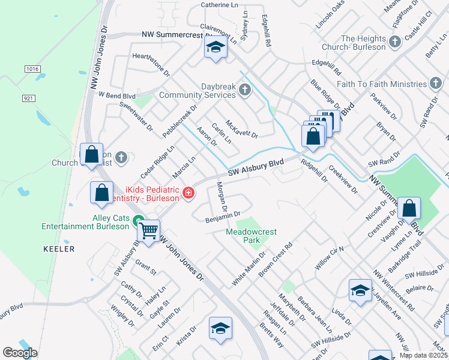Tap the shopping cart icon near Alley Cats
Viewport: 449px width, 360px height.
coord(148,229)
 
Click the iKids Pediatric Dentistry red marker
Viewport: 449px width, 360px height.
coord(189,192)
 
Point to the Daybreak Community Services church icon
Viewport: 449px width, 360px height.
coord(244,91)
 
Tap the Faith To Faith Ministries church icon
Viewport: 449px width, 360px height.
coord(436,84)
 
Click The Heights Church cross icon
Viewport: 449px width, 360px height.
coord(394,42)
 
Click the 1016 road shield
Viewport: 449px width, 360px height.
coord(32,69)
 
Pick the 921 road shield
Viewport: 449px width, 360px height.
coord(29,97)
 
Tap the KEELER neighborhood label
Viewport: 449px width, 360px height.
coord(59,248)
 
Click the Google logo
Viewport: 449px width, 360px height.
coord(20,353)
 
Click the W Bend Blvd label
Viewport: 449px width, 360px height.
coord(117,95)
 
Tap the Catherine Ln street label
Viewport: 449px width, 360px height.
coord(219,5)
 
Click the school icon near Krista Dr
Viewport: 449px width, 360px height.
coord(220,329)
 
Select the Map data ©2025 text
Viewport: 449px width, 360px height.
coord(423,355)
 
